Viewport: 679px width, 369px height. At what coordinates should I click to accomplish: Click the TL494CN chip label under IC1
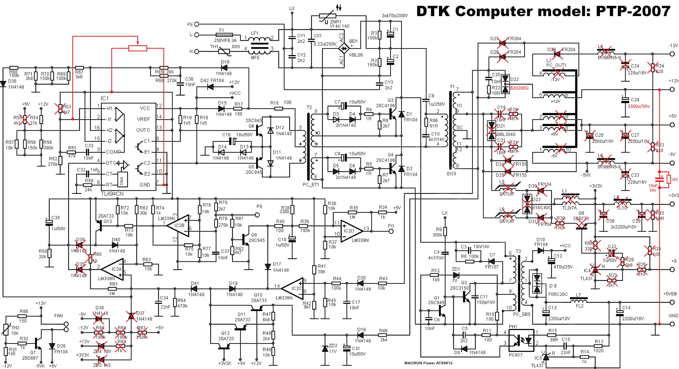pyautogui.click(x=112, y=194)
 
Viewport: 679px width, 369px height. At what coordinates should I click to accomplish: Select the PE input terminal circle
pyautogui.click(x=197, y=24)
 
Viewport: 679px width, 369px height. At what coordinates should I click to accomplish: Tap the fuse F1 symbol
pyautogui.click(x=224, y=34)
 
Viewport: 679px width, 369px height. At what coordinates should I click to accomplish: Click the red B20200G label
pyautogui.click(x=519, y=88)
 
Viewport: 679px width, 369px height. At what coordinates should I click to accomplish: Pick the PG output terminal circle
pyautogui.click(x=391, y=231)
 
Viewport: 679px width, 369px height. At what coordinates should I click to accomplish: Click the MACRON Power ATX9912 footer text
pyautogui.click(x=428, y=363)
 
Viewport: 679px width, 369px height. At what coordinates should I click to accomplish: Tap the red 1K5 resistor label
pyautogui.click(x=674, y=179)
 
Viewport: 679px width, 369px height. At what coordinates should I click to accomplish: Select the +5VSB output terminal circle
pyautogui.click(x=672, y=303)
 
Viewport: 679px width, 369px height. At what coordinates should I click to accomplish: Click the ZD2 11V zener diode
pyautogui.click(x=325, y=348)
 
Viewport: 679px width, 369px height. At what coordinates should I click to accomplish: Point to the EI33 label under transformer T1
pyautogui.click(x=451, y=174)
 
